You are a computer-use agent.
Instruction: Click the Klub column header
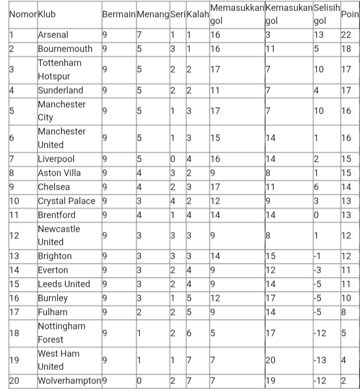(47, 15)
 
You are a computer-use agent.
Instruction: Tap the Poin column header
(349, 15)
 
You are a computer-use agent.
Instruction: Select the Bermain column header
(118, 15)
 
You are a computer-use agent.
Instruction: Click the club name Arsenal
(53, 35)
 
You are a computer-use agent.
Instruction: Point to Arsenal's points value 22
(346, 35)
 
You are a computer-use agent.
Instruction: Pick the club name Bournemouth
(65, 49)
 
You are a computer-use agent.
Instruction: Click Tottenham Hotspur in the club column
(59, 70)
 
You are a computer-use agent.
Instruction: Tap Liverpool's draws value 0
(172, 159)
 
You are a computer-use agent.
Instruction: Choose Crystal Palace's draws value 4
(172, 201)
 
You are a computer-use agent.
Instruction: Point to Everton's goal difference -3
(318, 270)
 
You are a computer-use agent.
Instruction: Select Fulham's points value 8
(343, 312)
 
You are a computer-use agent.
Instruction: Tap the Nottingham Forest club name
(61, 332)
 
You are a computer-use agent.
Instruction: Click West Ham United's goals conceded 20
(270, 360)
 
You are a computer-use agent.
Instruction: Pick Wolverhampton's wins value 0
(140, 380)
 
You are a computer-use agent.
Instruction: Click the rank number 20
(14, 380)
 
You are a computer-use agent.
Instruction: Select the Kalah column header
(197, 15)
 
